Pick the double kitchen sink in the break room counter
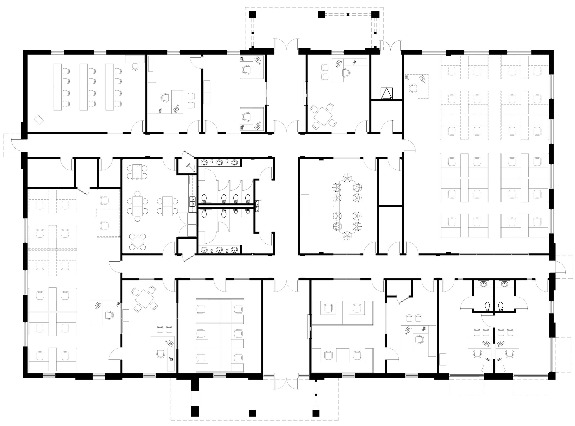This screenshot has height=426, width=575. coord(192,201)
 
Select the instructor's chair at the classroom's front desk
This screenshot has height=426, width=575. coord(135,66)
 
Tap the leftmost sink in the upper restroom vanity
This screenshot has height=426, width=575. coord(204,162)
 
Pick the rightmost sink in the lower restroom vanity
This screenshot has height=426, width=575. coord(234,250)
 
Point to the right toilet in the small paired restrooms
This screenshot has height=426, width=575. coord(500,306)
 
